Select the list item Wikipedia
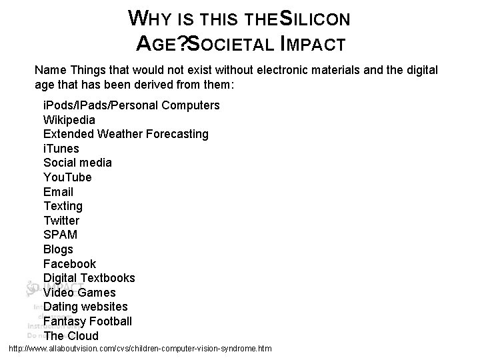(69, 120)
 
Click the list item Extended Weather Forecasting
(125, 134)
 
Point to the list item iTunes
(61, 149)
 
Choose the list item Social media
(77, 163)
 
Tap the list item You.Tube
(67, 177)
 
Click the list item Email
(58, 192)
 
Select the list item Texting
(63, 206)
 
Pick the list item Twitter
(61, 221)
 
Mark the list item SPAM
(60, 235)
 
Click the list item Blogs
(58, 249)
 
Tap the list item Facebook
(69, 264)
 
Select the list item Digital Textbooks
(89, 278)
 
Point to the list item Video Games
(79, 293)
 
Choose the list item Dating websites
(85, 307)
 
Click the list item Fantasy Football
(87, 321)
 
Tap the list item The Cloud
(71, 336)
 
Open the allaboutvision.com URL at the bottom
(139, 349)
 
